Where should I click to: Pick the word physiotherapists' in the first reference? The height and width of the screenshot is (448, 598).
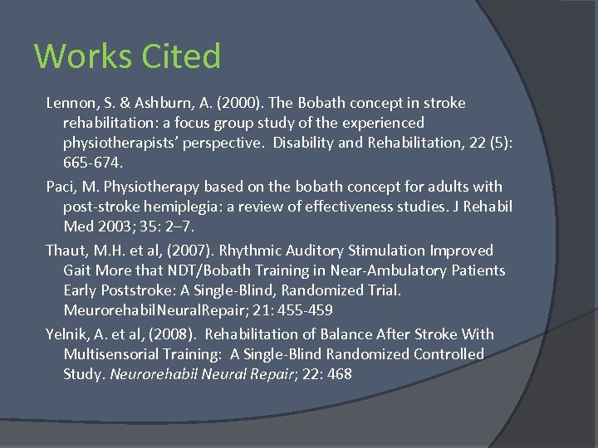tap(125, 144)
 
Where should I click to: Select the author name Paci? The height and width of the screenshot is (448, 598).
tap(61, 187)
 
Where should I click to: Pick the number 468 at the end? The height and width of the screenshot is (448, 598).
tap(339, 374)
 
